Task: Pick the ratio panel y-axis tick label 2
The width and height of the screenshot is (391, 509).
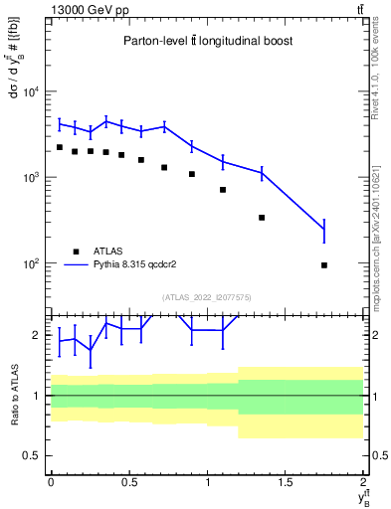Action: [36, 335]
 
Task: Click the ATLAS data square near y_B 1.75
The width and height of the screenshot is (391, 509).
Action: [324, 265]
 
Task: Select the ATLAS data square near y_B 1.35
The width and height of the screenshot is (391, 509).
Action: [262, 217]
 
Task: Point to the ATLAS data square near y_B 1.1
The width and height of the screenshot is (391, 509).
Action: [223, 189]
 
